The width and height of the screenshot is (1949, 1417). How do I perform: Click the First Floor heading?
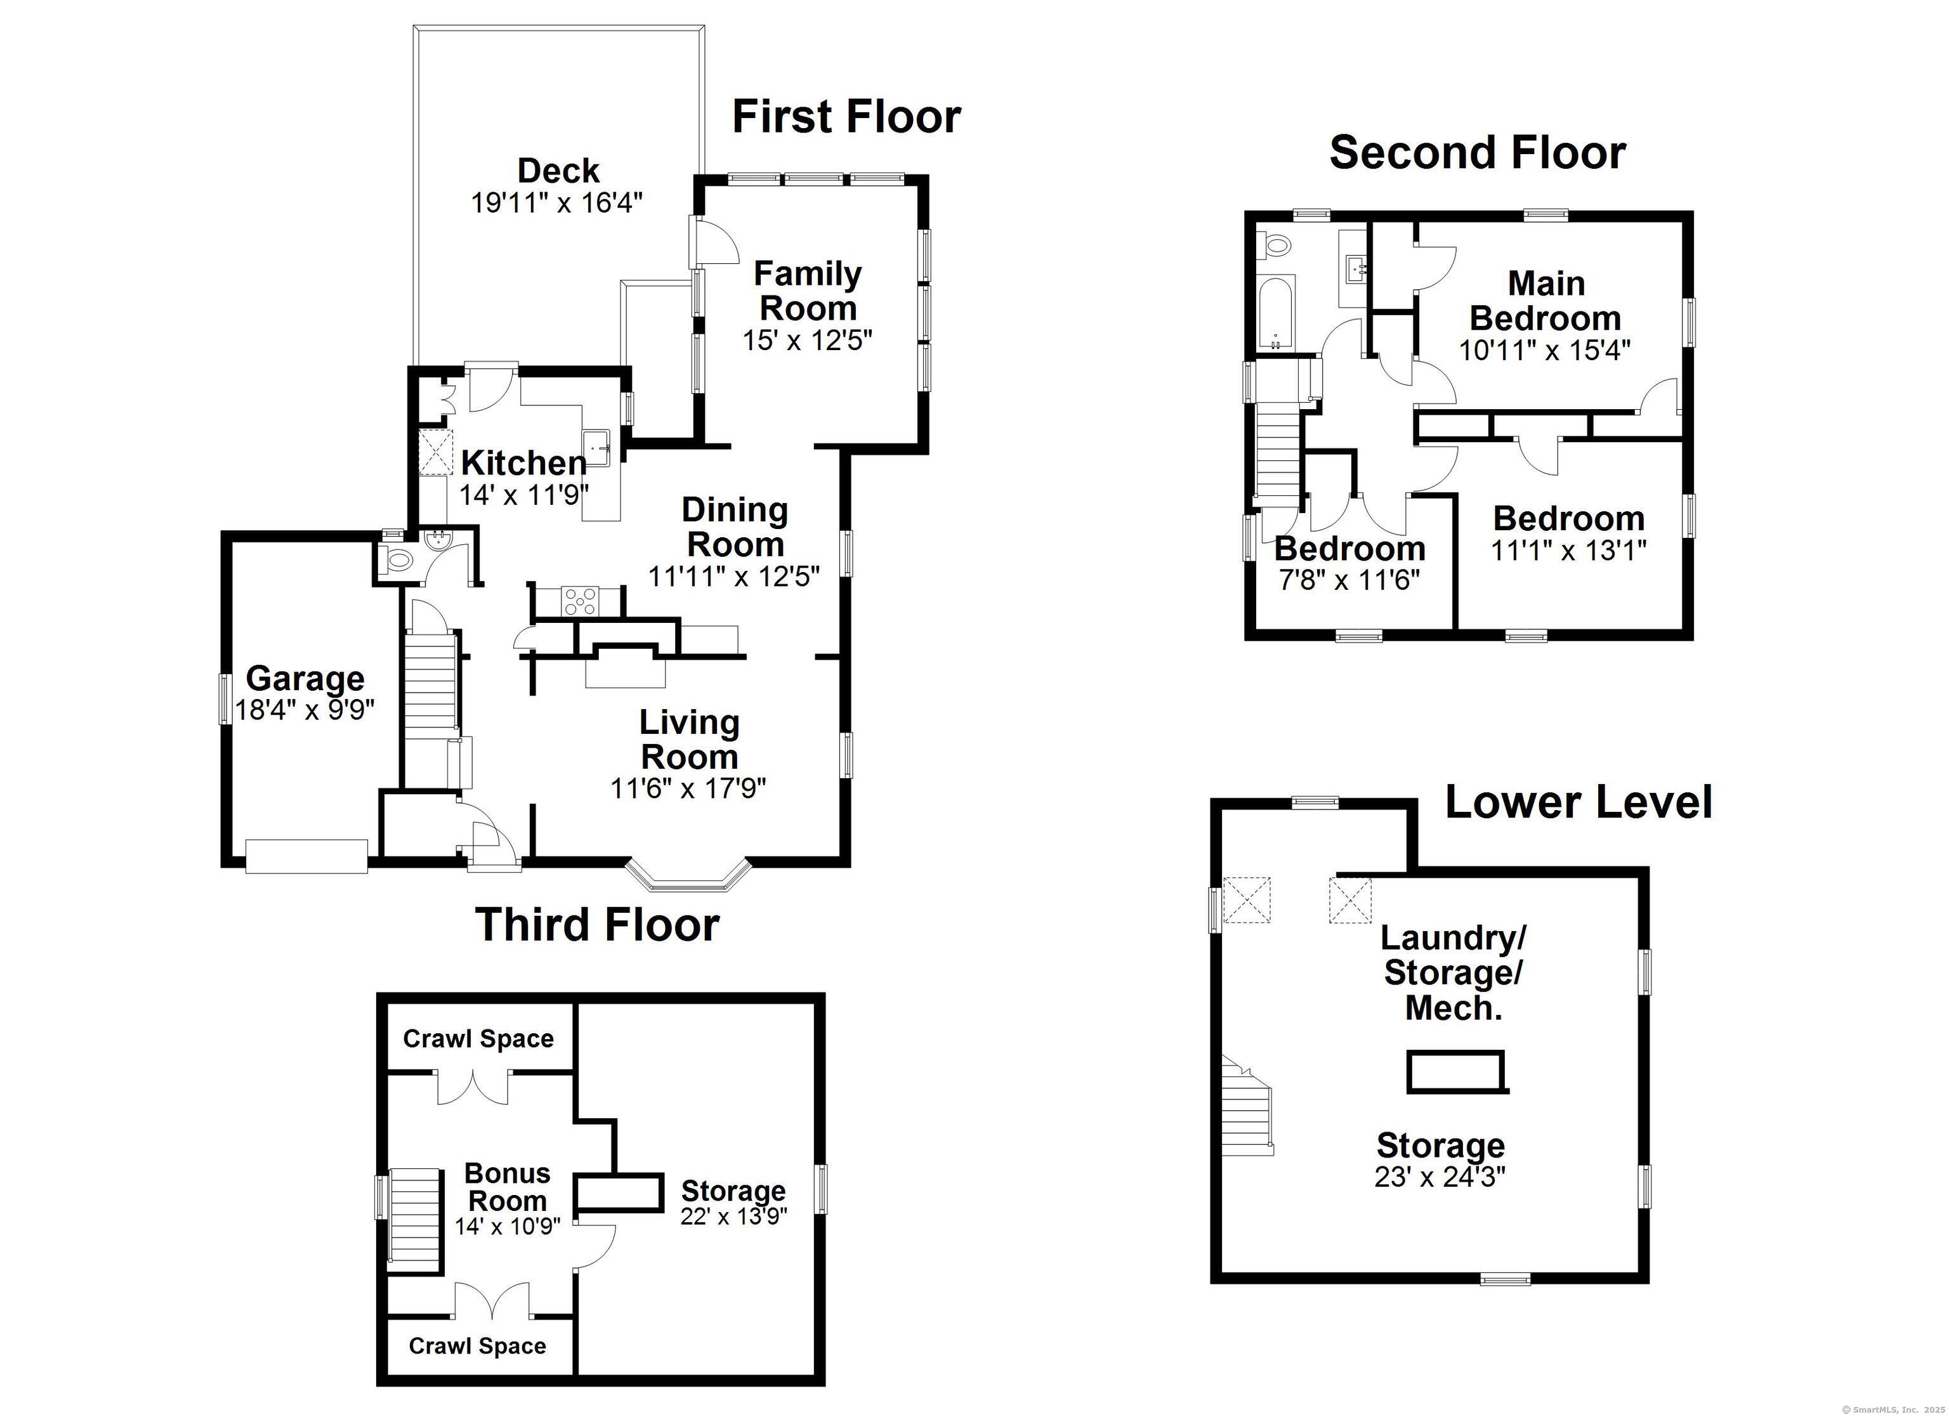click(x=846, y=117)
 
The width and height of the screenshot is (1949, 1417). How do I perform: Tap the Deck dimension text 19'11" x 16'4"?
click(x=557, y=204)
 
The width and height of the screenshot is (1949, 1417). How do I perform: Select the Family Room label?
click(x=807, y=291)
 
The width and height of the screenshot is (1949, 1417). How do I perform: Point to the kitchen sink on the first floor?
click(x=598, y=447)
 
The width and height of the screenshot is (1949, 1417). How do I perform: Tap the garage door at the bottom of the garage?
click(x=307, y=857)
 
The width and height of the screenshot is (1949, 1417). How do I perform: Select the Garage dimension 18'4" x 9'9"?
click(x=305, y=710)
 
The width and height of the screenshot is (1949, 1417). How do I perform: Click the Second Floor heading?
click(x=1476, y=153)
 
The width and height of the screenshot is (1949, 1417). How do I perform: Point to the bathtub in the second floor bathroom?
click(x=1276, y=313)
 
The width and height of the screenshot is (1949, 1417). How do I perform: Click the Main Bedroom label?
click(x=1545, y=301)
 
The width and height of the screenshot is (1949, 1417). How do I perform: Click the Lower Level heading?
click(x=1578, y=802)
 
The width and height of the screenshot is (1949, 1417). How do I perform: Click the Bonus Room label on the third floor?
click(x=507, y=1187)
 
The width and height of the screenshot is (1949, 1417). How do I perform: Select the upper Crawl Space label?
click(x=478, y=1039)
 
